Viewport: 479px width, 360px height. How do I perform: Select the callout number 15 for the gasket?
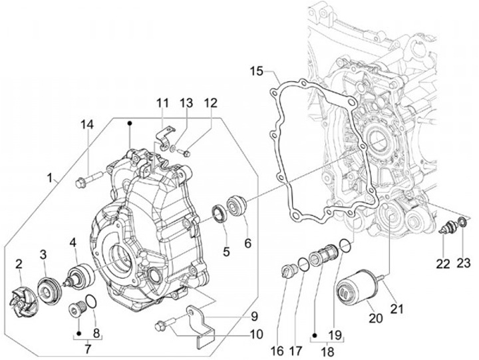point(257,71)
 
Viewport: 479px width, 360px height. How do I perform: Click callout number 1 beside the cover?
point(50,178)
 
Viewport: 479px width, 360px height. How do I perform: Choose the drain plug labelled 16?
point(288,271)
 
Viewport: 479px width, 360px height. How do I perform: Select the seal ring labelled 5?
point(218,214)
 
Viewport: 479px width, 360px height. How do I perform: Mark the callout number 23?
point(463,263)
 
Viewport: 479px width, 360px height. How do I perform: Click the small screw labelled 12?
point(187,154)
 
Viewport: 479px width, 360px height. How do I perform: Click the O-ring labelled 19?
point(343,246)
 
